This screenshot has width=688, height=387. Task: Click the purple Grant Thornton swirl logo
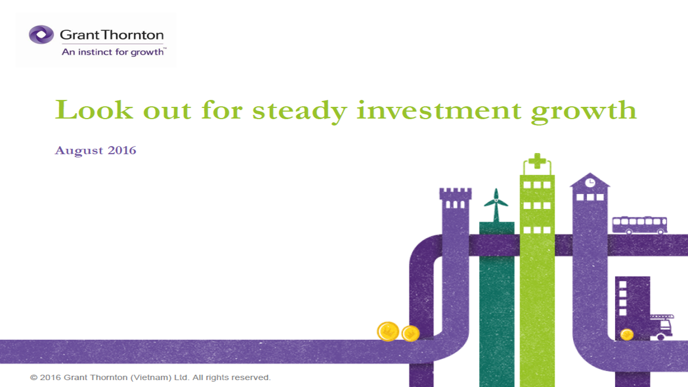pyautogui.click(x=41, y=34)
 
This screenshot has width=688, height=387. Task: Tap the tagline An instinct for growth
pyautogui.click(x=113, y=52)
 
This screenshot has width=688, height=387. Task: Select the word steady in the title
pyautogui.click(x=300, y=111)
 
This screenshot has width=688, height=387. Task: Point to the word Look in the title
pyautogui.click(x=94, y=109)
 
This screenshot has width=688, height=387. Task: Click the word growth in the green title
pyautogui.click(x=584, y=111)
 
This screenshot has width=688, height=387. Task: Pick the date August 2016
pyautogui.click(x=96, y=151)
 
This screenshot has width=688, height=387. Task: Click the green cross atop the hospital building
pyautogui.click(x=537, y=161)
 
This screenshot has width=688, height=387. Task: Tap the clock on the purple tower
pyautogui.click(x=590, y=183)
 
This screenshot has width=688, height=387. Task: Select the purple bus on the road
pyautogui.click(x=640, y=225)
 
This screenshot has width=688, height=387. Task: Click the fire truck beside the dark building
pyautogui.click(x=661, y=327)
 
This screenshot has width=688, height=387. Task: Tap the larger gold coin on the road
pyautogui.click(x=388, y=332)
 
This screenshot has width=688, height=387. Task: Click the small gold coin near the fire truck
pyautogui.click(x=627, y=334)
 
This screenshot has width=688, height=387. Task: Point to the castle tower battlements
pyautogui.click(x=456, y=193)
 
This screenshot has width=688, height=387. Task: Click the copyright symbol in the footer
pyautogui.click(x=33, y=378)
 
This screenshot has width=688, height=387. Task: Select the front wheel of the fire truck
pyautogui.click(x=661, y=337)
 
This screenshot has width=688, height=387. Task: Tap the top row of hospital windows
pyautogui.click(x=537, y=185)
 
